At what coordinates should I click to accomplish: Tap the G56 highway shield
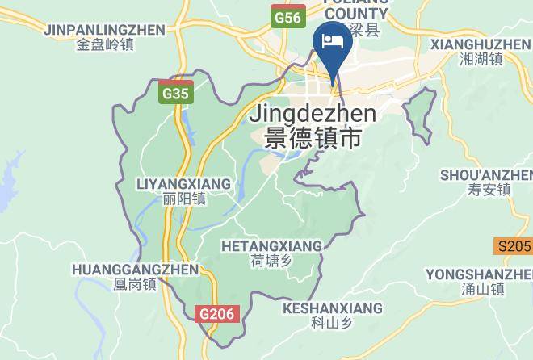pyautogui.click(x=287, y=16)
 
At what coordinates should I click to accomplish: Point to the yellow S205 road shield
pyautogui.click(x=514, y=246)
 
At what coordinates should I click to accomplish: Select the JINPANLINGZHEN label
pyautogui.click(x=105, y=30)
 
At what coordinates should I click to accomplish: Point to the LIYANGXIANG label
pyautogui.click(x=185, y=183)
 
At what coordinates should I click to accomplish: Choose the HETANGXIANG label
pyautogui.click(x=271, y=245)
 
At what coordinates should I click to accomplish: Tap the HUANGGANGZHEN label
pyautogui.click(x=135, y=269)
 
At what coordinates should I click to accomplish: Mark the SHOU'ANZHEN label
pyautogui.click(x=486, y=175)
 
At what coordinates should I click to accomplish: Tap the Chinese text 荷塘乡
pyautogui.click(x=270, y=261)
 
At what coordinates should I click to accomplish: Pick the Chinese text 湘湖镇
pyautogui.click(x=481, y=59)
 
